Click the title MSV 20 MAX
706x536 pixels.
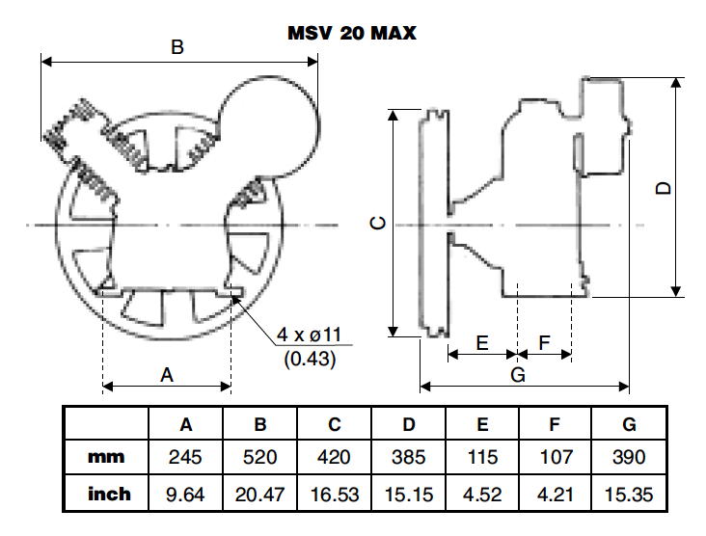pos(352,32)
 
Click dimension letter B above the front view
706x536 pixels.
pos(176,47)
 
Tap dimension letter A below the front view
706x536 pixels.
pos(167,374)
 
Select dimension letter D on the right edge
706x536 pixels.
pos(663,187)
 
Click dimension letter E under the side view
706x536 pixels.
pos(483,342)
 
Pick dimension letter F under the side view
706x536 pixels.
pos(544,342)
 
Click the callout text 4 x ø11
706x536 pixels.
pos(310,335)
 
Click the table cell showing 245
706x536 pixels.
pos(186,457)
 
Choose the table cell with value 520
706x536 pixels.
pos(260,457)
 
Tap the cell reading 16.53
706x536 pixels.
pos(335,495)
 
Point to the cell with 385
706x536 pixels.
pos(409,457)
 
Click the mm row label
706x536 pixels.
pos(106,457)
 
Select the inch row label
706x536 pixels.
pos(109,495)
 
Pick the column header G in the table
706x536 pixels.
pos(630,423)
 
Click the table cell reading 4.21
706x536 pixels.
pos(557,495)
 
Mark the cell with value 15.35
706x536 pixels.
pos(630,495)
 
